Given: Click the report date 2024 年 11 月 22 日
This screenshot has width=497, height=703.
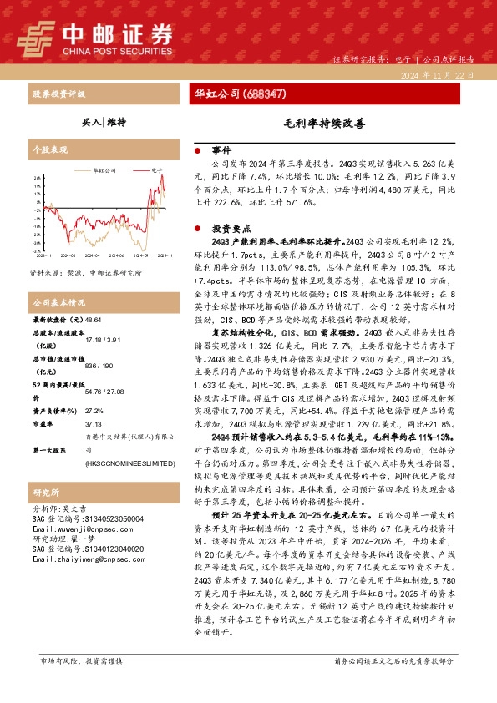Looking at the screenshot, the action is tap(441, 75).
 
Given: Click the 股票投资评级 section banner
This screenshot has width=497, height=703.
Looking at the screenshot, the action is tap(58, 93).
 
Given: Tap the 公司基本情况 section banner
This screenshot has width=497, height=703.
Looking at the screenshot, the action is tap(58, 301).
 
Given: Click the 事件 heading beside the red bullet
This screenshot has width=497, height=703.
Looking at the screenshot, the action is tap(220, 150).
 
